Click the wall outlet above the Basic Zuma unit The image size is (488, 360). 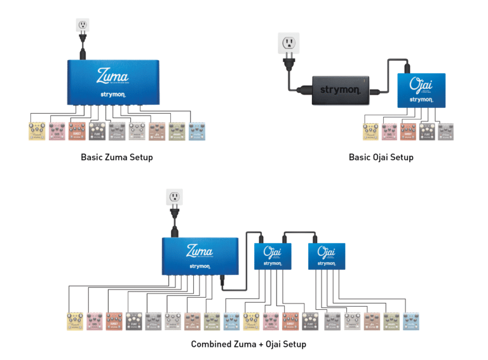(83, 25)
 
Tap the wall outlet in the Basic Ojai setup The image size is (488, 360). (290, 44)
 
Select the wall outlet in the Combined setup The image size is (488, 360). (174, 197)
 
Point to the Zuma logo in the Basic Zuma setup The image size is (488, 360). (112, 76)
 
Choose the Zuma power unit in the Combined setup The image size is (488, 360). (200, 256)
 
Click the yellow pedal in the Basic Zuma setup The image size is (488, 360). (38, 131)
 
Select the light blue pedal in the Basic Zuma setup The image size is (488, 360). (197, 131)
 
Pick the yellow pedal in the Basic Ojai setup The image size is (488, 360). (370, 131)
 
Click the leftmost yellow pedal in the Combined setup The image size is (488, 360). (76, 321)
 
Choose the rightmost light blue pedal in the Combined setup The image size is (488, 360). (411, 321)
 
